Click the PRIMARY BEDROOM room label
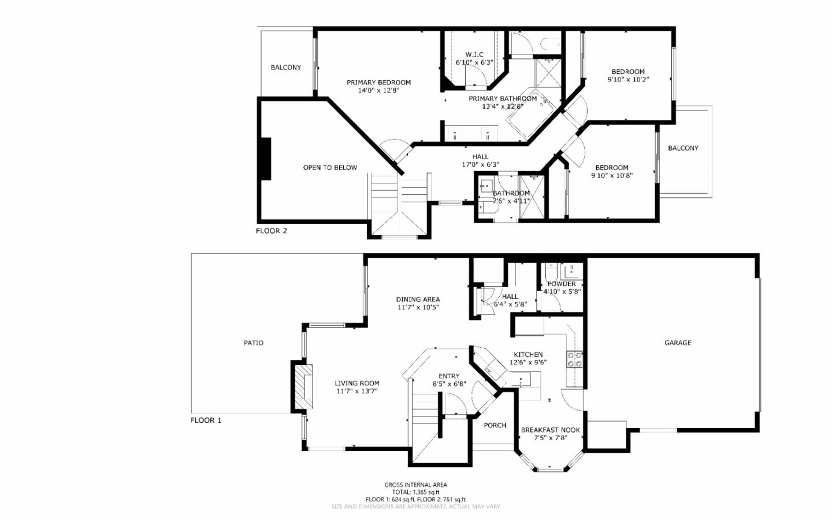[378, 83]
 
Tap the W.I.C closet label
[474, 55]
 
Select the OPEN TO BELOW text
[330, 168]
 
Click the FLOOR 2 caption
[271, 231]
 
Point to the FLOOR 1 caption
[206, 421]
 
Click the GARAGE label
[678, 343]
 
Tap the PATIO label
[253, 343]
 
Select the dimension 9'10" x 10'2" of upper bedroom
[628, 80]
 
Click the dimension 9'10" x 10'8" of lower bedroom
[612, 176]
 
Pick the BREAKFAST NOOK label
[550, 430]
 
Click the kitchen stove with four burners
[574, 360]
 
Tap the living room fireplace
[302, 386]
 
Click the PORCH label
[495, 426]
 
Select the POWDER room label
[561, 284]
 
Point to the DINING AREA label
[418, 300]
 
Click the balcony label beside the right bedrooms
[683, 149]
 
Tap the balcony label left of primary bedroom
[285, 68]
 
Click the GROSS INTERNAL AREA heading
[415, 485]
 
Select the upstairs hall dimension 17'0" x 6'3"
[480, 165]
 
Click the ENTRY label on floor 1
[449, 377]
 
